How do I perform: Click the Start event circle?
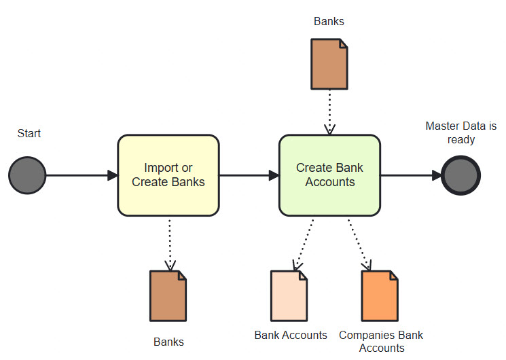coord(27,175)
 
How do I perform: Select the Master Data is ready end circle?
coord(460,175)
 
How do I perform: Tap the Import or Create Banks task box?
coord(168,175)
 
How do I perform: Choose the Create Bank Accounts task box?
coord(329,175)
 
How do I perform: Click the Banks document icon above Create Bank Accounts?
coord(329,64)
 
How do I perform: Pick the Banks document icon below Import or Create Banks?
coord(168,296)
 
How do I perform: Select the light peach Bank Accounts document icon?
coord(289,296)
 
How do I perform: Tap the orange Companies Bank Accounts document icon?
coord(380,296)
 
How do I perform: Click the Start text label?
coord(29,133)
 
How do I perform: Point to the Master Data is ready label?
coord(460,132)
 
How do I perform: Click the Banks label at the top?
coord(329,21)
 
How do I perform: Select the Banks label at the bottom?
coord(168,342)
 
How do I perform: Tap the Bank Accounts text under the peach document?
coord(291,335)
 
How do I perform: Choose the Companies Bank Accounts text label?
coord(381,341)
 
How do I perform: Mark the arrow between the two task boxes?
coord(249,175)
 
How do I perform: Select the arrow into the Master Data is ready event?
coord(410,175)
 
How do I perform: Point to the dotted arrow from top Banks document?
coord(329,112)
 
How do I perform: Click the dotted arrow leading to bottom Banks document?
coord(168,245)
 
